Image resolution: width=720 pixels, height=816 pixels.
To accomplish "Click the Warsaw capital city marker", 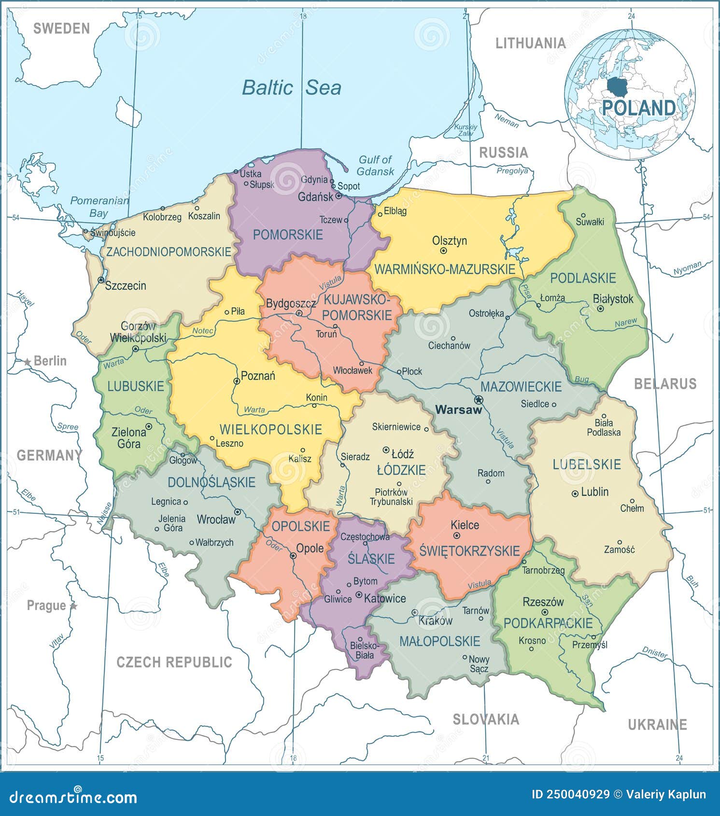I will coord(479,400).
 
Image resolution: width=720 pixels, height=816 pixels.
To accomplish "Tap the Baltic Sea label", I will coord(291,88).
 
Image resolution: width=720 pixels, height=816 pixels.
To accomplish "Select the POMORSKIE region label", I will coord(288,235).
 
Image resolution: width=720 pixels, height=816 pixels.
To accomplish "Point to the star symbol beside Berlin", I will coord(28,362).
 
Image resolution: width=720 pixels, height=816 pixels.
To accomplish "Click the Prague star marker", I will coord(73,605).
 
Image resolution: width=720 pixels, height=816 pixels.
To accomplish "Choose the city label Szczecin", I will coord(126,285).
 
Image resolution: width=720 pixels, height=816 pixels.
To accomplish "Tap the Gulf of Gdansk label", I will coord(375,165).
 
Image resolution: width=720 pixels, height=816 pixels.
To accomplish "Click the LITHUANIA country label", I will coord(530,43).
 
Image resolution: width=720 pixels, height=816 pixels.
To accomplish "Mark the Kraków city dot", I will coord(414,612).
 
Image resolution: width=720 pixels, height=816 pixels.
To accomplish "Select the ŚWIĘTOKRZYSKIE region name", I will coord(469,551).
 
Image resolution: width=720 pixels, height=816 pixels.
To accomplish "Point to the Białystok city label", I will coord(613,299).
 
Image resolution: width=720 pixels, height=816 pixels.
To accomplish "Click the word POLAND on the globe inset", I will coord(638,108).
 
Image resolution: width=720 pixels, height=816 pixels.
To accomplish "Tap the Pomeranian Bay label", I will coord(99,207).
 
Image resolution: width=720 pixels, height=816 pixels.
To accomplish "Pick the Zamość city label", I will coord(619,549).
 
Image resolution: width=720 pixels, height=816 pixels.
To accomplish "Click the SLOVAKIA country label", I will coord(485,719).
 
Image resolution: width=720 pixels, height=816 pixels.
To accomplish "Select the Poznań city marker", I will coord(237,381).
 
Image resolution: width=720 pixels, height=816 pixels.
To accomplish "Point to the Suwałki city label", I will coord(590,222).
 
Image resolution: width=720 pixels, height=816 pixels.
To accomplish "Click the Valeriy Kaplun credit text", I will coord(666,794).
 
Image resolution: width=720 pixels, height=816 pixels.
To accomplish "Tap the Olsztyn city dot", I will coord(443,251).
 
